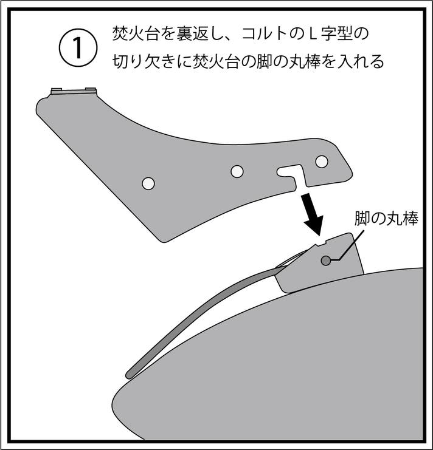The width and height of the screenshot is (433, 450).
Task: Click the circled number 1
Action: click(x=78, y=48)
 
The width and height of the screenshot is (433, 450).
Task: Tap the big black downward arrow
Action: click(x=312, y=214)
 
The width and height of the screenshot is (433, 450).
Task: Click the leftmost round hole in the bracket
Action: click(x=148, y=183)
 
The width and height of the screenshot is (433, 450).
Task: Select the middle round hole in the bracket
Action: click(x=237, y=171)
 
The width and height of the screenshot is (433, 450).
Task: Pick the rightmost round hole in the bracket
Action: click(x=322, y=162)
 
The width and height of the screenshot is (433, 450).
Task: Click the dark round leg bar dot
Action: click(x=326, y=261)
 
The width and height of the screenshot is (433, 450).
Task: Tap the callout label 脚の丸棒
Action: click(x=386, y=219)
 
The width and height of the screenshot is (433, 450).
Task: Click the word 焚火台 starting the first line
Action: click(x=136, y=34)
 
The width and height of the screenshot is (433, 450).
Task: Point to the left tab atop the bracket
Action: click(x=57, y=90)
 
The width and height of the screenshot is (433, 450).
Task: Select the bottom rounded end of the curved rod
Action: click(x=130, y=374)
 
